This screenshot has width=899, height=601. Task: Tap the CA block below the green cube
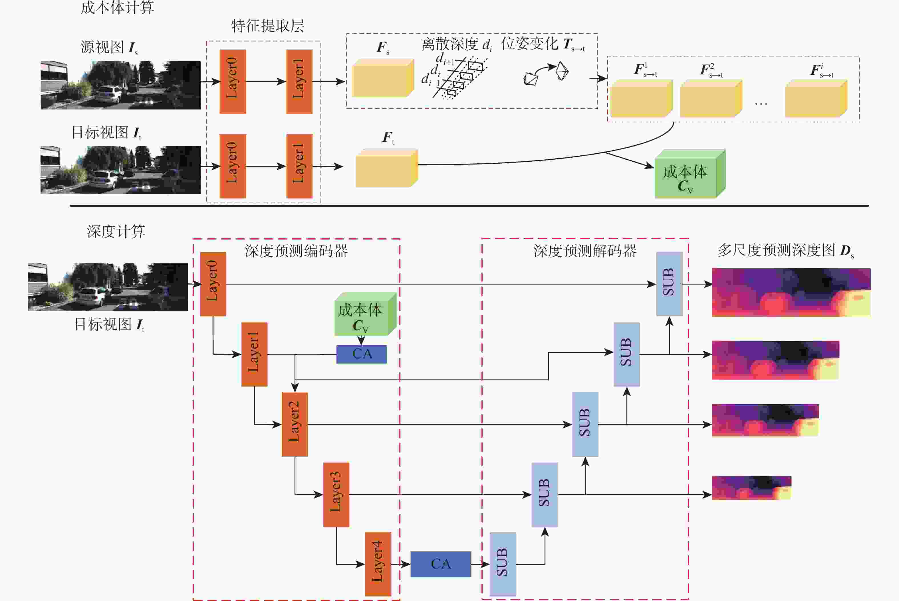tap(361, 354)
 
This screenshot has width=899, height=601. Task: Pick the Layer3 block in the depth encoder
tap(336, 494)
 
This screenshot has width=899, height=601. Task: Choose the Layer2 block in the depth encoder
tap(295, 424)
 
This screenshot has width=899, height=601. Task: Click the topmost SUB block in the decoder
tap(669, 284)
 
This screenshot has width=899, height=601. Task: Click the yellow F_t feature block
tap(386, 169)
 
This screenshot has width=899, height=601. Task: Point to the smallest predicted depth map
tap(751, 488)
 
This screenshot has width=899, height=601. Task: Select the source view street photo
tap(120, 85)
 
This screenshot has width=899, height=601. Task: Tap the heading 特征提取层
tap(267, 26)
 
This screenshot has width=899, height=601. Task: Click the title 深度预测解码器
tap(585, 251)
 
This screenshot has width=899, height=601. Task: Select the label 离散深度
tap(449, 44)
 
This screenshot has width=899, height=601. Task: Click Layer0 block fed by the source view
tap(233, 81)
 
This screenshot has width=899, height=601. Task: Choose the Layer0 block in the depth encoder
tap(213, 284)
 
